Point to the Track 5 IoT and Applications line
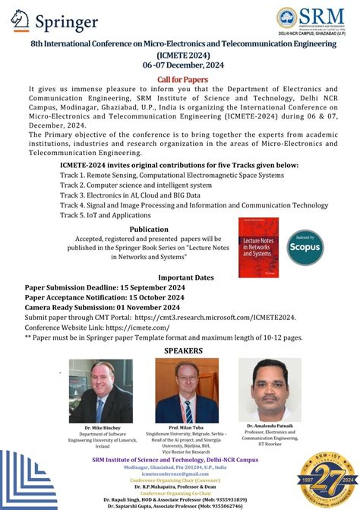106,215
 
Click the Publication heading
149,229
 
